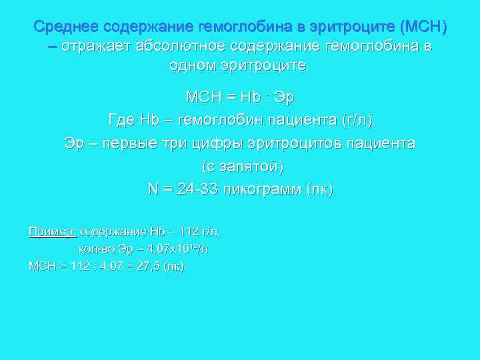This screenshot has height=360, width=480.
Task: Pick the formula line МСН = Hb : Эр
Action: pyautogui.click(x=239, y=97)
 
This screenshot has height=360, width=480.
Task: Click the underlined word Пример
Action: pyautogui.click(x=51, y=231)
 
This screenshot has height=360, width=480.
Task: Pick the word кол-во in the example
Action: pyautogui.click(x=96, y=249)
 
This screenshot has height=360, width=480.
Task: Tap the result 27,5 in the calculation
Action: pyautogui.click(x=149, y=266)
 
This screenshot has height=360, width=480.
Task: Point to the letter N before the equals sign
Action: pyautogui.click(x=152, y=189)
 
